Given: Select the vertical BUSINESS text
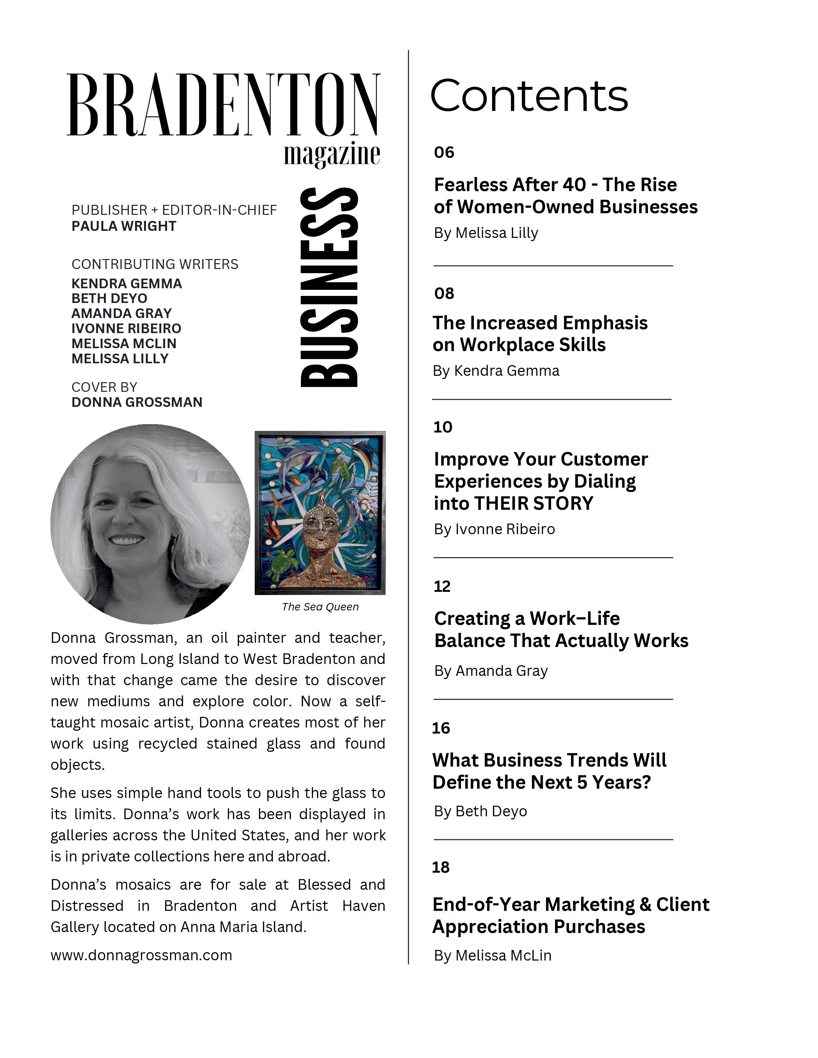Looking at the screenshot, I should pos(329,287).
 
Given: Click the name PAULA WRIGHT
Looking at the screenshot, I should pos(124,226).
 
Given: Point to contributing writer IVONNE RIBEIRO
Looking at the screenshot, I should pos(126,328).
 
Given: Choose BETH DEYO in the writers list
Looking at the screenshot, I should pos(109,298).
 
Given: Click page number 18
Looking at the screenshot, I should pos(440,867).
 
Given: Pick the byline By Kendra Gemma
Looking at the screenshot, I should pos(496,371).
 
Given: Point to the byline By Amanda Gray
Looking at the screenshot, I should pos(490,671).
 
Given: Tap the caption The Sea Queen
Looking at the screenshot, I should pos(320,607).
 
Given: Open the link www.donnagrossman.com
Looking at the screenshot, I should pos(141,955).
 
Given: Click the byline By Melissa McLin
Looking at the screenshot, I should pos(492,955).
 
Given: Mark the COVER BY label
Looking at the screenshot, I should pos(104,387).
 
